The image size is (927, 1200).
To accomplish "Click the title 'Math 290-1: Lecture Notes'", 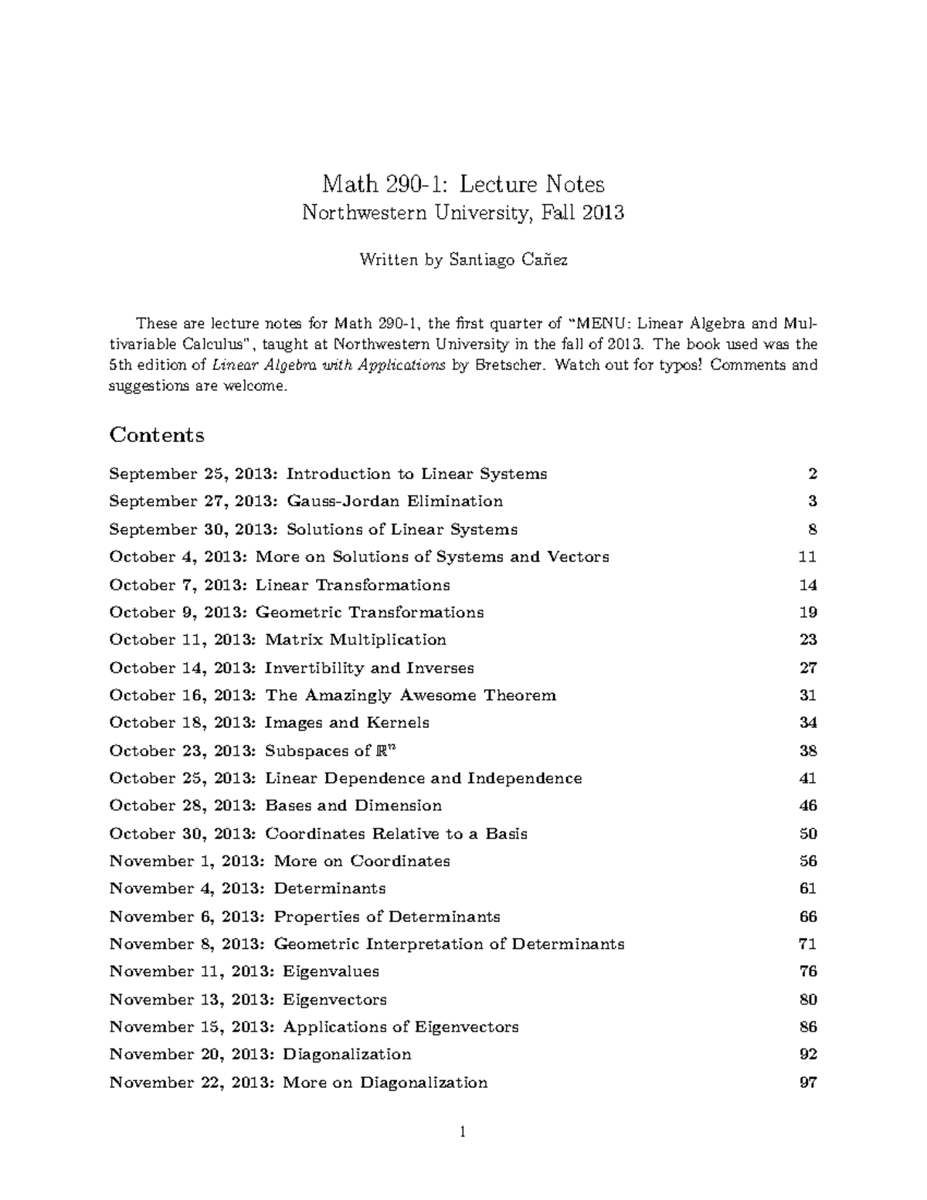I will [463, 184].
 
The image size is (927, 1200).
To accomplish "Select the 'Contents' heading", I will [157, 435].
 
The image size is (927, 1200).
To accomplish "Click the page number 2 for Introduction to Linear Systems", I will [812, 474].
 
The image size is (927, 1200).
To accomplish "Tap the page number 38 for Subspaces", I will [808, 750].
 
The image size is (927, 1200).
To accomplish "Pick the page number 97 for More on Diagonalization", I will [808, 1083].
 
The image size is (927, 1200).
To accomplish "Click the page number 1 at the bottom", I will [463, 1133].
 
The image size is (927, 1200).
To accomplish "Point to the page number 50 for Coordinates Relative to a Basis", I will [808, 834].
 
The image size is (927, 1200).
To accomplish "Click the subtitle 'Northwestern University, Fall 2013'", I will [463, 212].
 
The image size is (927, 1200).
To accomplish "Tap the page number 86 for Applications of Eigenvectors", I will [808, 1027].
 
